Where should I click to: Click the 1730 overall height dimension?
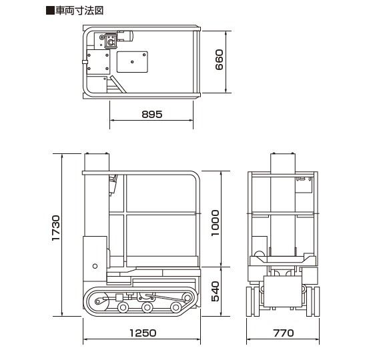point(56,227)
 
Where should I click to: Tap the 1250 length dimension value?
point(143,333)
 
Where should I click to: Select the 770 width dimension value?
point(284,333)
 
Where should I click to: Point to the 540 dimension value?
point(215,291)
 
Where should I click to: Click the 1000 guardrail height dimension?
point(215,223)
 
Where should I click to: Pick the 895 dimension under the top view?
point(152,114)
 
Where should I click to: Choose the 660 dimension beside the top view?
point(219,59)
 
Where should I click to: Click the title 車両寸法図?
point(79,11)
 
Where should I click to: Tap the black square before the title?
point(50,11)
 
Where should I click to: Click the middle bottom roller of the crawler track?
point(147,307)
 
